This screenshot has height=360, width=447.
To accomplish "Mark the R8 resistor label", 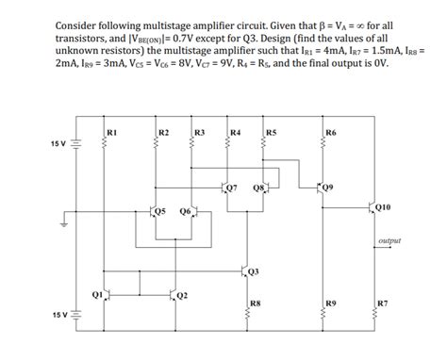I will coord(255,303).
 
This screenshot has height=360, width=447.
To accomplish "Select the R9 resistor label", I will coord(329,303).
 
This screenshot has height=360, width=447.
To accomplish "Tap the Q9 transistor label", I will coord(327,187).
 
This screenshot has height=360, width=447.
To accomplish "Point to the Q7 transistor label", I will coord(232,188).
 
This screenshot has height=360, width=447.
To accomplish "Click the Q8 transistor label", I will coord(258,188).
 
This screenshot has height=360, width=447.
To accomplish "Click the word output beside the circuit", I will coord(389,240).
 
